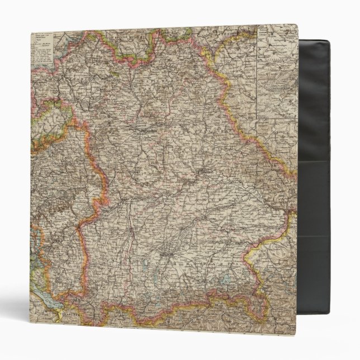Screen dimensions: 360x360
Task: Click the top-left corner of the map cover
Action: pyautogui.click(x=31, y=34)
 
